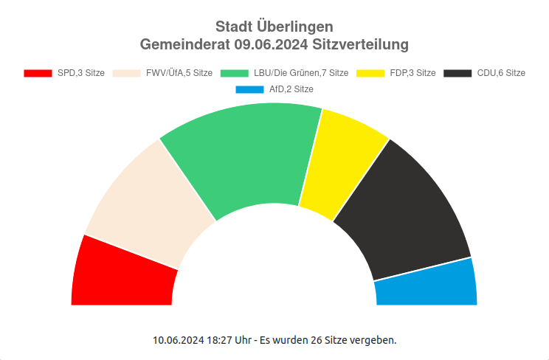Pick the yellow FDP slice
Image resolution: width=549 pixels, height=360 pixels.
pos(339,162)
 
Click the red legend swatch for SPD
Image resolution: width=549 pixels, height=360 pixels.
pos(38,73)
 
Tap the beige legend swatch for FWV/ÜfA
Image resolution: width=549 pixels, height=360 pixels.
pos(126,73)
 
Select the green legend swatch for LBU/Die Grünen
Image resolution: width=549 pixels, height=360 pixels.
pos(234,73)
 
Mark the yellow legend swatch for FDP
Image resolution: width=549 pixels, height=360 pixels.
pos(370,73)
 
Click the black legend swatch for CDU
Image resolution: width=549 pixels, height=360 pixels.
pos(457,73)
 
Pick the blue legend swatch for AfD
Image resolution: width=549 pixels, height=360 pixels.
pos(249,89)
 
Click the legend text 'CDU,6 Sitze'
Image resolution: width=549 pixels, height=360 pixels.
pos(501,73)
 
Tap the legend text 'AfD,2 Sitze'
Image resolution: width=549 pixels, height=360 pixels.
pos(291,89)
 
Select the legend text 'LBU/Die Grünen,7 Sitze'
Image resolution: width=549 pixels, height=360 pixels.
pos(300,73)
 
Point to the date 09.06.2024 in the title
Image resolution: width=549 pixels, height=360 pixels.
pos(272,45)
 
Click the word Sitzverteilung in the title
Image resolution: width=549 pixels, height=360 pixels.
pos(361,45)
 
